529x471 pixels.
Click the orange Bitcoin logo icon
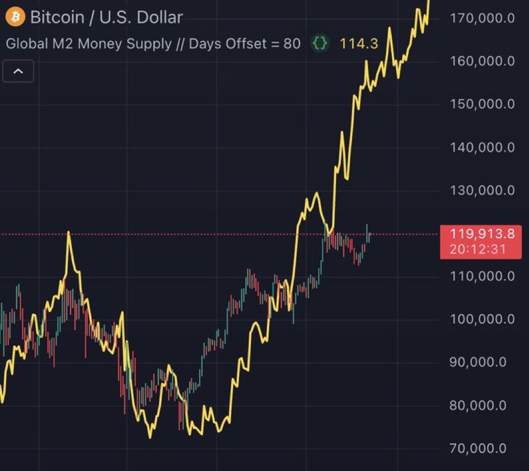(x=15, y=17)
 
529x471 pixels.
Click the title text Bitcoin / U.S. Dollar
(x=106, y=17)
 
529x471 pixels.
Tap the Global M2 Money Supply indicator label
(x=153, y=44)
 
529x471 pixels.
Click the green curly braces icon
(x=320, y=44)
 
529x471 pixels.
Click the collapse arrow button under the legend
(x=18, y=72)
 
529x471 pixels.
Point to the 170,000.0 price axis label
(x=482, y=18)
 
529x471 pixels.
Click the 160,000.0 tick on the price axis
(x=482, y=61)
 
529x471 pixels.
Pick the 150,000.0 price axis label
(x=482, y=104)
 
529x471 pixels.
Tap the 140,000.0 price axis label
(x=482, y=148)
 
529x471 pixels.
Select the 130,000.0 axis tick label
(x=482, y=191)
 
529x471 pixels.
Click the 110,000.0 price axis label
(x=482, y=276)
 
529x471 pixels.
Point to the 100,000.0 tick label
(x=482, y=319)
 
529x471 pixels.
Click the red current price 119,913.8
(x=485, y=234)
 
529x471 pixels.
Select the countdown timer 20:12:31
(x=485, y=249)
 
